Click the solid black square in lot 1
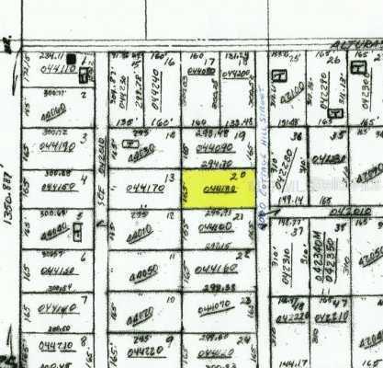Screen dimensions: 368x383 pos(72,58)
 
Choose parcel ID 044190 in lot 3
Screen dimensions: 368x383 pos(60,146)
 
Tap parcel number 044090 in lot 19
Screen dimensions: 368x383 pos(215,147)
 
